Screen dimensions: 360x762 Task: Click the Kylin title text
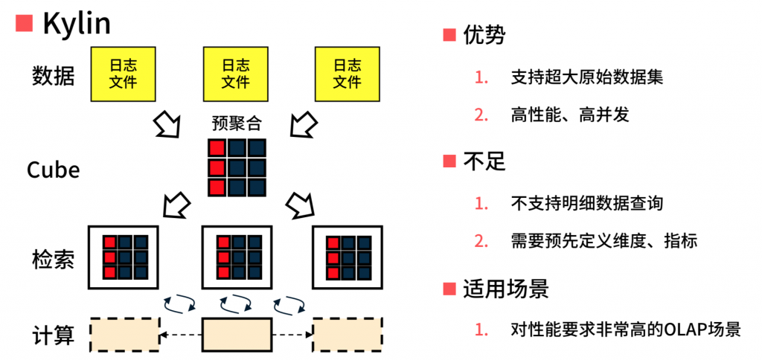tap(77, 24)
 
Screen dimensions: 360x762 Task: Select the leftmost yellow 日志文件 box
tap(124, 74)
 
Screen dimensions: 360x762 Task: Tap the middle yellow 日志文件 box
tap(236, 74)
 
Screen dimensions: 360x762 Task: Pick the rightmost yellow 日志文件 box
tap(347, 74)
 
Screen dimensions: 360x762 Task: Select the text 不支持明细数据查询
tap(586, 203)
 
